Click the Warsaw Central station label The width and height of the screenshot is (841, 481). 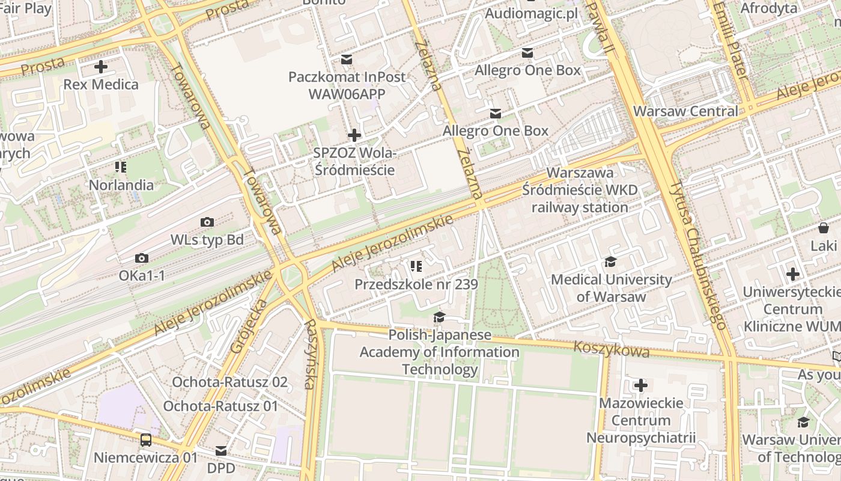(x=685, y=111)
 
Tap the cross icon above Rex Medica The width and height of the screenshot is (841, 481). (x=100, y=67)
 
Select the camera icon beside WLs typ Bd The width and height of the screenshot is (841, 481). (x=207, y=222)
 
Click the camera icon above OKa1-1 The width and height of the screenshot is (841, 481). (x=142, y=259)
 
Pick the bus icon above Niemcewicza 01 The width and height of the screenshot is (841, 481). (x=146, y=440)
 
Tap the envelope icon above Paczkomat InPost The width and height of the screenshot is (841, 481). (x=347, y=59)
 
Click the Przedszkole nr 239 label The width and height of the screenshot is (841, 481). (x=416, y=284)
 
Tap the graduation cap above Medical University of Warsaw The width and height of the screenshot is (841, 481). (x=611, y=262)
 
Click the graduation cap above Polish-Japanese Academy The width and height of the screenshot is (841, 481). (x=440, y=317)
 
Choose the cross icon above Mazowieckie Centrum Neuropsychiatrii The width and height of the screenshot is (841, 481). (x=641, y=385)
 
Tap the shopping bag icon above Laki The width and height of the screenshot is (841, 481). (x=823, y=228)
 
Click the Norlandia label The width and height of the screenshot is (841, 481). (x=121, y=185)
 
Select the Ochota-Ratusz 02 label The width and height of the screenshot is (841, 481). (x=229, y=382)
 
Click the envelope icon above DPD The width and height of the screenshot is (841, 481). (x=221, y=450)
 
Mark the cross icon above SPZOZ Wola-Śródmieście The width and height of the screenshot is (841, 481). (x=354, y=135)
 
